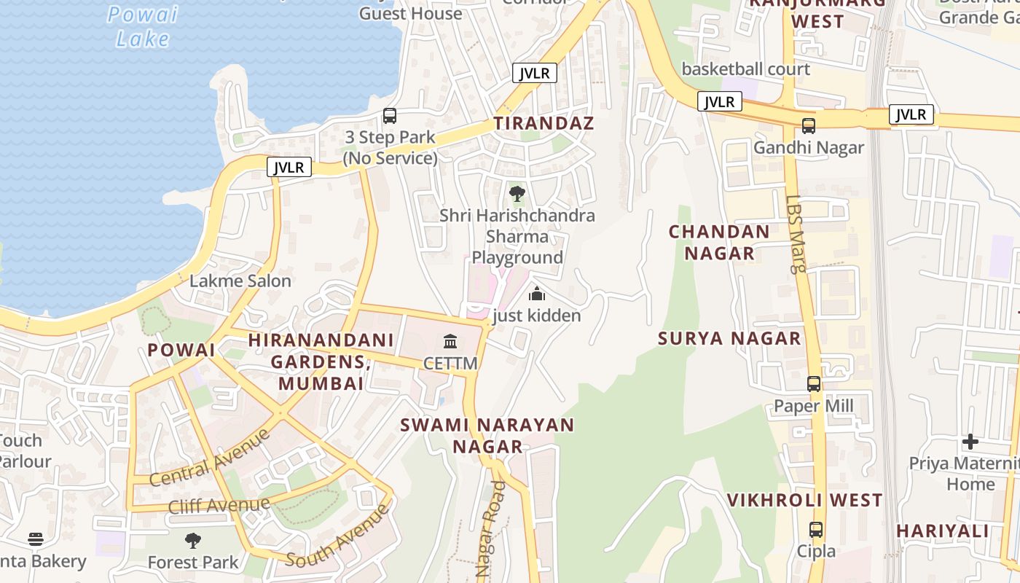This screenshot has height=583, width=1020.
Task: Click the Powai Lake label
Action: [142, 26]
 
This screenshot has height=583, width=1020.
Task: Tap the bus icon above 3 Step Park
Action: [390, 115]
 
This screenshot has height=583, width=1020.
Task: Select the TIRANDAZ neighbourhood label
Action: [544, 123]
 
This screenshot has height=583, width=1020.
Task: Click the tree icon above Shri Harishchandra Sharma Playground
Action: [517, 194]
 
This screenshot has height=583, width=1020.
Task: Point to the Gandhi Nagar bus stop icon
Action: [809, 125]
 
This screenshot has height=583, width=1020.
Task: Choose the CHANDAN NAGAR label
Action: [719, 243]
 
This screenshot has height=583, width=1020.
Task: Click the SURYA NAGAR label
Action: [729, 338]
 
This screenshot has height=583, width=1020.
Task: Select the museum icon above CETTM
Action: [450, 341]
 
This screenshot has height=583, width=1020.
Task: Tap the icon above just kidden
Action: [537, 294]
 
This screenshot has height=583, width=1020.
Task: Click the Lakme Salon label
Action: [240, 281]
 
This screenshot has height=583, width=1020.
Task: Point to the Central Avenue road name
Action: [209, 458]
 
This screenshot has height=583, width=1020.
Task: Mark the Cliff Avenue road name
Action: [219, 505]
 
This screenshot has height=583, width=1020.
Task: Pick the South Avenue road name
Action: [337, 537]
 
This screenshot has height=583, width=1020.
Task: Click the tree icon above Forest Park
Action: [193, 540]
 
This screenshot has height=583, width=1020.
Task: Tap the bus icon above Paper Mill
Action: [814, 383]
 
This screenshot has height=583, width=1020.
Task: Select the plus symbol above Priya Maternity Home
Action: [970, 442]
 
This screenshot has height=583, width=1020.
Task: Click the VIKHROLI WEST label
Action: [804, 500]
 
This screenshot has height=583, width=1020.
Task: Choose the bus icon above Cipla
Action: [816, 530]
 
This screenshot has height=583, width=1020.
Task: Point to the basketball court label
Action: [745, 69]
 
